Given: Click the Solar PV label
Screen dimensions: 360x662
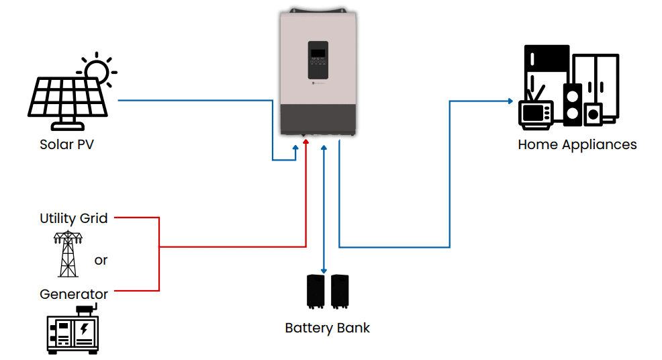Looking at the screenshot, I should (66, 144).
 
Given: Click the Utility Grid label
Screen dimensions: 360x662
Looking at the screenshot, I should (74, 218).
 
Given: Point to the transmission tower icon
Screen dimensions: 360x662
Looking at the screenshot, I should (67, 255).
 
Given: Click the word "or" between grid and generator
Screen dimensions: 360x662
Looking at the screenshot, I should (101, 260).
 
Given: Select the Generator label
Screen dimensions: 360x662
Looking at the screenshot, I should (74, 294).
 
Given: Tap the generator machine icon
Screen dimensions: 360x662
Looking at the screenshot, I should (73, 330).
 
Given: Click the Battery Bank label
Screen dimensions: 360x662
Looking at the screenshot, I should (327, 328).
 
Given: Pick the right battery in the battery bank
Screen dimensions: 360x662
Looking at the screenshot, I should (340, 291).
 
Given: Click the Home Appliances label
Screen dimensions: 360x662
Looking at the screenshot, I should (577, 144).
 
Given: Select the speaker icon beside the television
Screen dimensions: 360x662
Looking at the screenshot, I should (573, 105).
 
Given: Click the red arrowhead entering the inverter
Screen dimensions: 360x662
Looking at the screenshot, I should (305, 142).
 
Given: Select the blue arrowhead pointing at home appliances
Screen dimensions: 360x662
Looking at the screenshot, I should (510, 101).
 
